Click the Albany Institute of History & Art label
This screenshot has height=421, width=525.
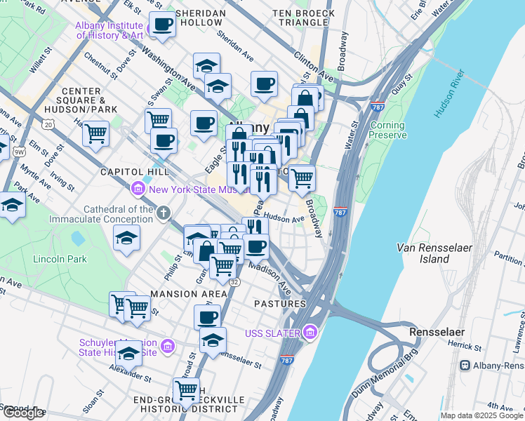point(109,30)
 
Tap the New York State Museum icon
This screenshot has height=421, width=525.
point(138,189)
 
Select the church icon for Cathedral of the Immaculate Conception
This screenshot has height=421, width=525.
point(163,212)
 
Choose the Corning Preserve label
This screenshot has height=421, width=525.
point(387,130)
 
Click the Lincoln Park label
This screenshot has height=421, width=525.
point(60,259)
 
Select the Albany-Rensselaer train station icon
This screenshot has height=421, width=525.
point(465,366)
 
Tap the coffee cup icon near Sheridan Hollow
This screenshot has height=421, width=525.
point(163,25)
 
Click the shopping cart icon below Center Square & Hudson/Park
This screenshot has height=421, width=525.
point(95,132)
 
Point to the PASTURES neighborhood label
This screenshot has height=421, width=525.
point(279,304)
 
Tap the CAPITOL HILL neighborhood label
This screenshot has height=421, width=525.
point(127,172)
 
